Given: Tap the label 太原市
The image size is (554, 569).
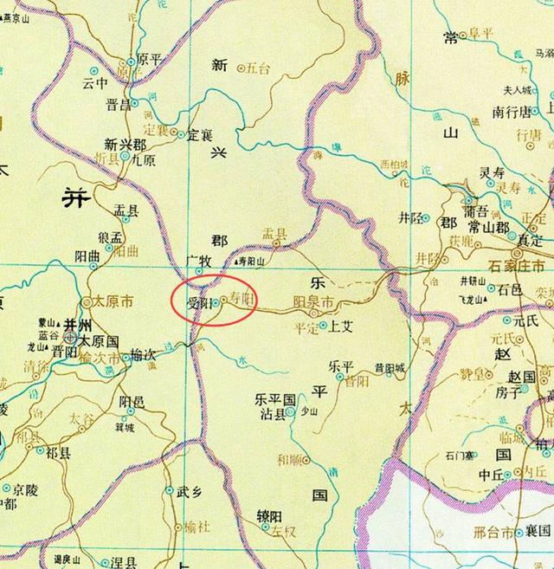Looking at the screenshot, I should (x=111, y=302).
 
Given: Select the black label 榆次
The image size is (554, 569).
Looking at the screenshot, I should (x=141, y=354).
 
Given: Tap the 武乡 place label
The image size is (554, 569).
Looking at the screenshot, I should (x=188, y=491).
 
